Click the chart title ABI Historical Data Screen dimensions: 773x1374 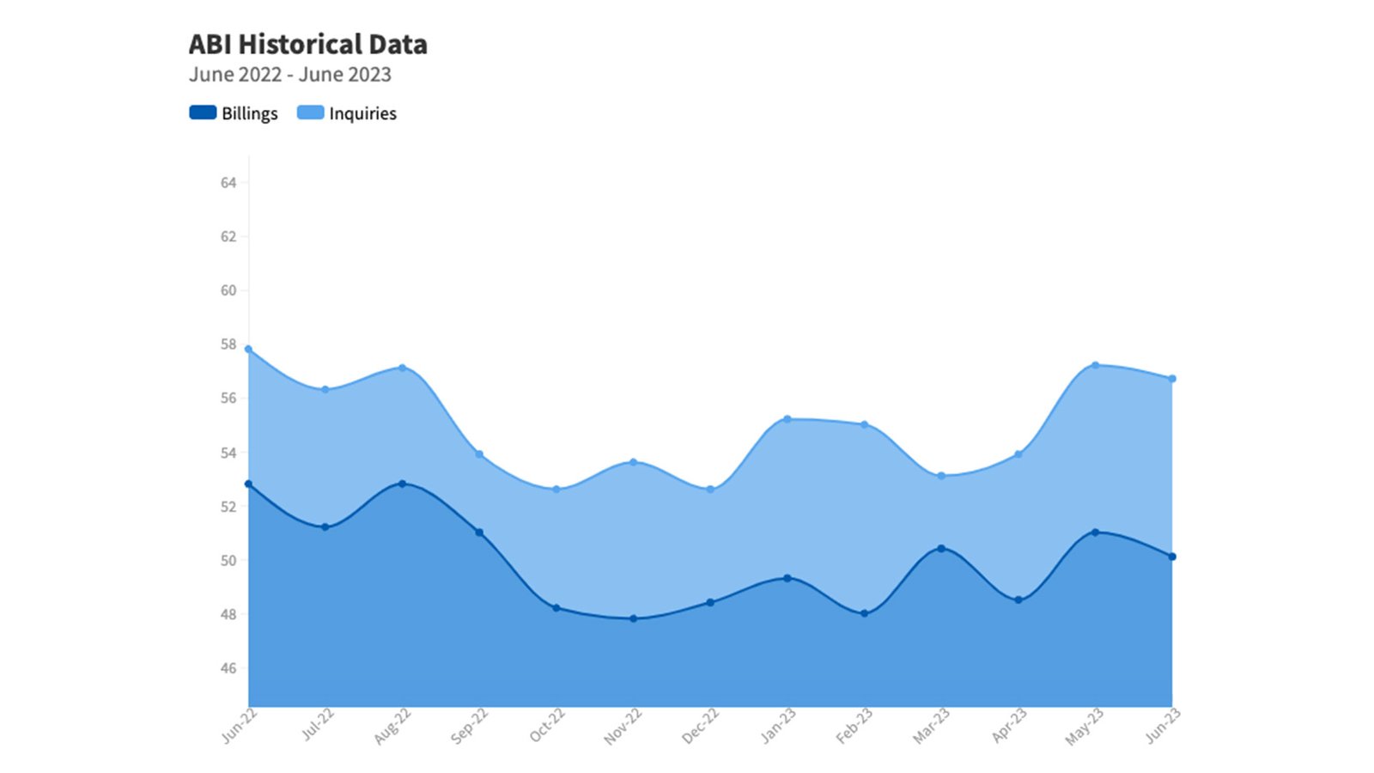[x=307, y=44]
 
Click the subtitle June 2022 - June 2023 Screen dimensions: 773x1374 [x=290, y=75]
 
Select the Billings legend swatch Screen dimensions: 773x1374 [x=203, y=113]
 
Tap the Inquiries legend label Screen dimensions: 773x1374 [x=362, y=113]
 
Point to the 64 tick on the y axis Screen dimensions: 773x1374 [x=228, y=182]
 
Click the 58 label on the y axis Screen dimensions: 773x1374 [x=228, y=344]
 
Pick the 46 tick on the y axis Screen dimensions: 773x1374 [x=228, y=668]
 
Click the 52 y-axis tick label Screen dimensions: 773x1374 [x=228, y=507]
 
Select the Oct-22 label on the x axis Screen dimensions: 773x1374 [x=547, y=725]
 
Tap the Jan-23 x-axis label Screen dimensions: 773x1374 [x=778, y=725]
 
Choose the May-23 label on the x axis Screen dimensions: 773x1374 [x=1084, y=727]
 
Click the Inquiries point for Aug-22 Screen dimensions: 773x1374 [x=402, y=368]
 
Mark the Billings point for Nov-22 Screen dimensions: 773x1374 [x=634, y=618]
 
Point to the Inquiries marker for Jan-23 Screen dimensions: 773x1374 [x=787, y=419]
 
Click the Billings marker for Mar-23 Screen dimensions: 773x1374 [x=941, y=549]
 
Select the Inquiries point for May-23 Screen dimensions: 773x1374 [x=1095, y=365]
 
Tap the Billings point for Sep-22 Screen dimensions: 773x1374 [x=479, y=533]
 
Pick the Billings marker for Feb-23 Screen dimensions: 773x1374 [x=865, y=613]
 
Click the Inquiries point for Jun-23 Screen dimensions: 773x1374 [x=1172, y=379]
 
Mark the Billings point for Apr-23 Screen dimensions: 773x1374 [x=1018, y=600]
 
